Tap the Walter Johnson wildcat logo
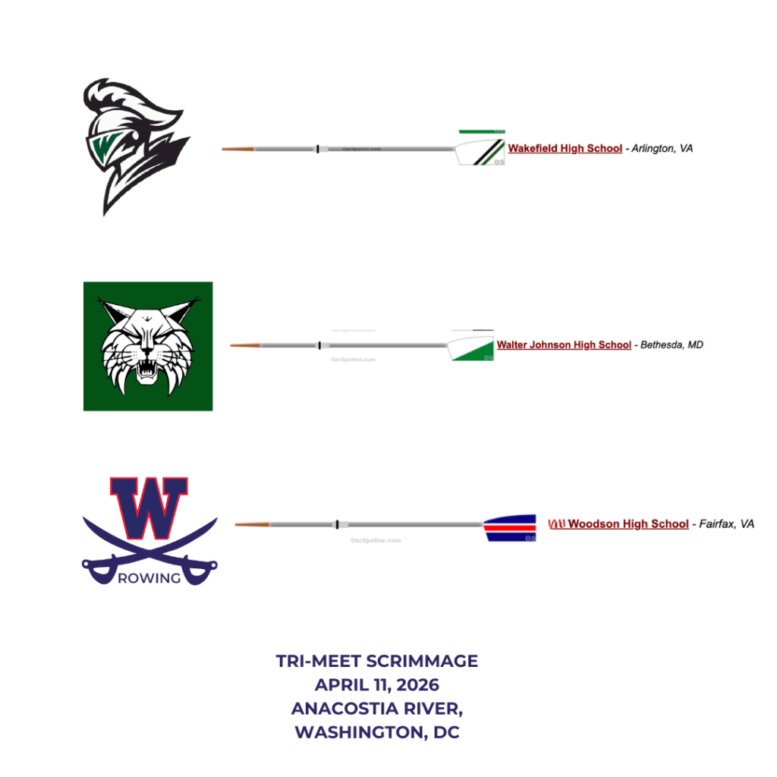pos(148,347)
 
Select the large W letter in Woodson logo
pos(149,508)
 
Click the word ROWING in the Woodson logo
pos(149,578)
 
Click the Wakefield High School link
pos(565,149)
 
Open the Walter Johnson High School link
pos(564,345)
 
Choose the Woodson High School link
pos(628,524)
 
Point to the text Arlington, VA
pos(663,149)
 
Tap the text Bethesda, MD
pos(672,345)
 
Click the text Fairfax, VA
pos(726,524)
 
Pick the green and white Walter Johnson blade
pos(472,349)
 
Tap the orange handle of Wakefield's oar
pos(238,149)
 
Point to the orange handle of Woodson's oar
pos(252,524)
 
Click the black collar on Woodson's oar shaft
pos(336,524)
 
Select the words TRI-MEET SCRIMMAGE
pos(377,661)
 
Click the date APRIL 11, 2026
pos(377,685)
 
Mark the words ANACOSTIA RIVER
pos(377,709)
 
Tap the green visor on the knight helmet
pos(103,143)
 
